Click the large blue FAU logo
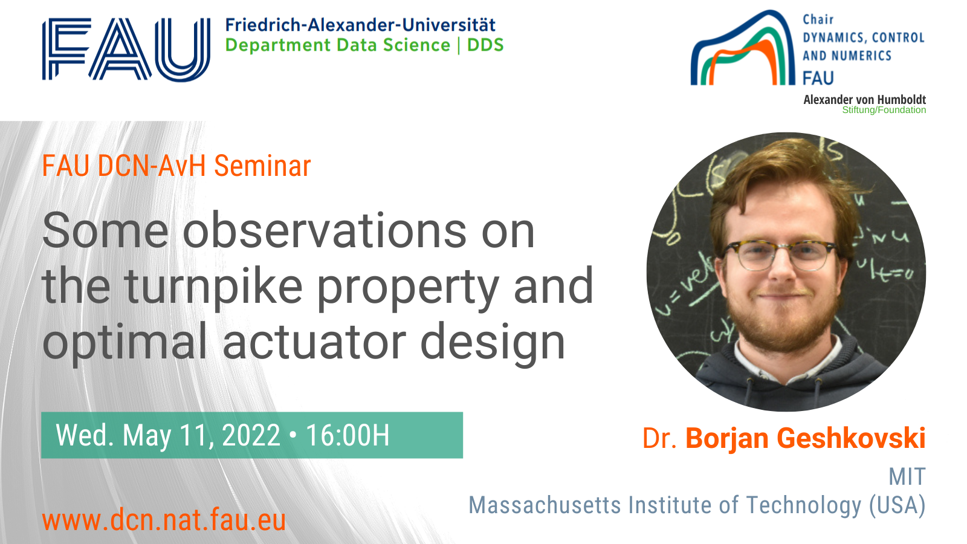126,49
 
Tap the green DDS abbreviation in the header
486,45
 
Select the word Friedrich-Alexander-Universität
360,25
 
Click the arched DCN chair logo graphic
743,48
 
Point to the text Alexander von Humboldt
865,100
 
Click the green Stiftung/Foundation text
884,110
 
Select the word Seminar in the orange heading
262,166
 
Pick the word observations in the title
325,232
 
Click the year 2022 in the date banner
251,435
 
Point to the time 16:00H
348,435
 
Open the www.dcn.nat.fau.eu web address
164,520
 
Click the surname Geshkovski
852,438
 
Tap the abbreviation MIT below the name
907,477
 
